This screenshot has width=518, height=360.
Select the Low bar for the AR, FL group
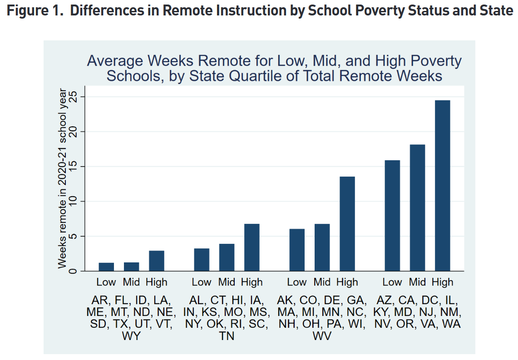pos(106,266)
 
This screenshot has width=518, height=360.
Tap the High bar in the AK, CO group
pos(347,223)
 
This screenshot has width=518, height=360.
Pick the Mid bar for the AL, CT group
pos(227,257)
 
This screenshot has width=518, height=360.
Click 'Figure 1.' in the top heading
pos(35,10)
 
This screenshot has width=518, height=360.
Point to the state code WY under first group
pos(131,336)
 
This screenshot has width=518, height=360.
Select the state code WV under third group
pos(322,336)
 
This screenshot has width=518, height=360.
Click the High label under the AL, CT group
pos(252,282)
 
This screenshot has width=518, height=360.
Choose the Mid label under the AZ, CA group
pos(417,282)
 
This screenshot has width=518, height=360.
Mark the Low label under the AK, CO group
pos(297,282)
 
